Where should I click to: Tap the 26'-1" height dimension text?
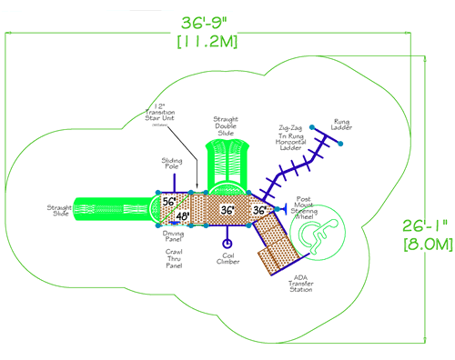[x=427, y=223]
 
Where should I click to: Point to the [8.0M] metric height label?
[x=428, y=243]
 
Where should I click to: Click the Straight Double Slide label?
[x=225, y=125]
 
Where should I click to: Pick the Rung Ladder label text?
[x=342, y=125]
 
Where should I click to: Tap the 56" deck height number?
[x=168, y=202]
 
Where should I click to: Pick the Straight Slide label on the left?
[x=60, y=211]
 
